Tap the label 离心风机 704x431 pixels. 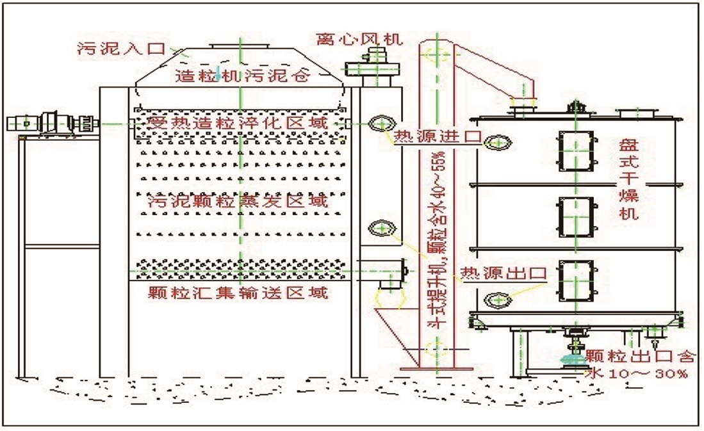click(359, 39)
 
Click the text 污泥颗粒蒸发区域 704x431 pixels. click(238, 201)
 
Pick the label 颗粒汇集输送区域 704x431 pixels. click(238, 294)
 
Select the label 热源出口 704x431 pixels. click(503, 273)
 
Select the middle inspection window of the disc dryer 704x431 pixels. click(576, 216)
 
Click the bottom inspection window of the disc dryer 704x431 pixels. click(576, 281)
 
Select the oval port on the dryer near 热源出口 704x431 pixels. click(497, 300)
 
